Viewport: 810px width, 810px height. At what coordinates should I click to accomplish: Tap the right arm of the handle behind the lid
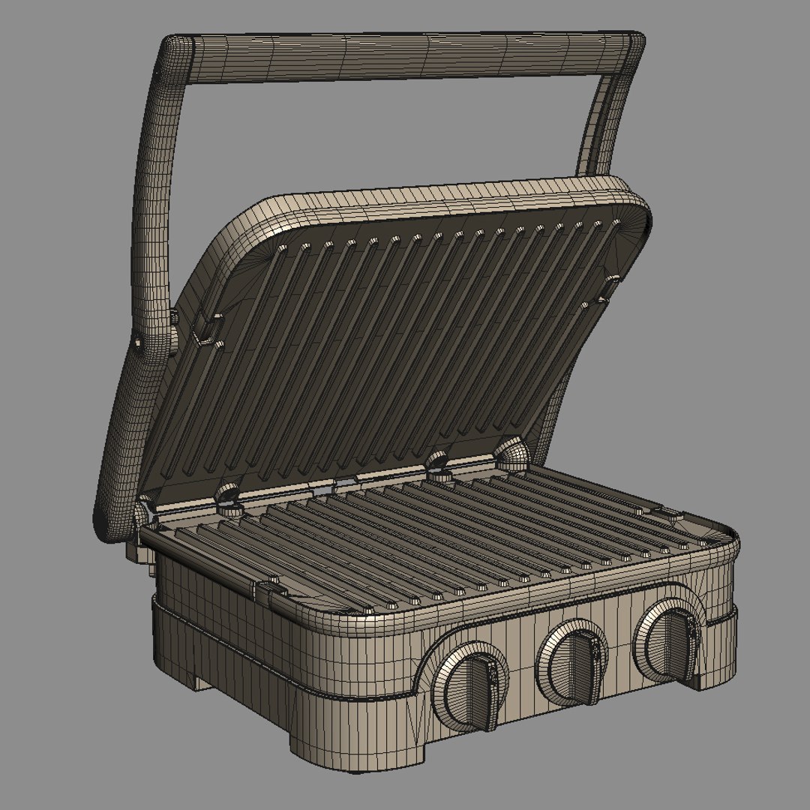[x=604, y=127]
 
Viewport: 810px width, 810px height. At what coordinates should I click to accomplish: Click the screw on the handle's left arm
[x=139, y=342]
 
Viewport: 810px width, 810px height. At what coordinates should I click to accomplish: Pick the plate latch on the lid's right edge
[x=609, y=289]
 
